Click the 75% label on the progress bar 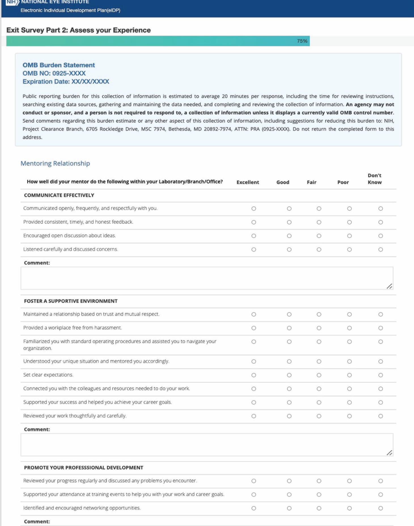302,41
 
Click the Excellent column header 248,182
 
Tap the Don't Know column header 375,179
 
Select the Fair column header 311,182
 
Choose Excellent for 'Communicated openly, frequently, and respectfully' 254,209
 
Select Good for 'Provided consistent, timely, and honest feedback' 289,222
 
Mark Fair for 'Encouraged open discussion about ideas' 319,236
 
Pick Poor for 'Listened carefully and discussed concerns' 349,249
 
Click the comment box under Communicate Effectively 207,278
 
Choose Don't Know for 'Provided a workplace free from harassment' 381,328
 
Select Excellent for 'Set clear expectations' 254,375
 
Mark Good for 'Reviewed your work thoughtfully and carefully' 289,416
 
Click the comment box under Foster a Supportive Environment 207,445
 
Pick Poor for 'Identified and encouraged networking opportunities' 349,508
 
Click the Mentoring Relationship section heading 55,163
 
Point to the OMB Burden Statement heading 59,65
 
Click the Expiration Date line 66,82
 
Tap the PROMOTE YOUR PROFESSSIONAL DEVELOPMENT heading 84,468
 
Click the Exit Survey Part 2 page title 78,30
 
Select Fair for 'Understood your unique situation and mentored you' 319,362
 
